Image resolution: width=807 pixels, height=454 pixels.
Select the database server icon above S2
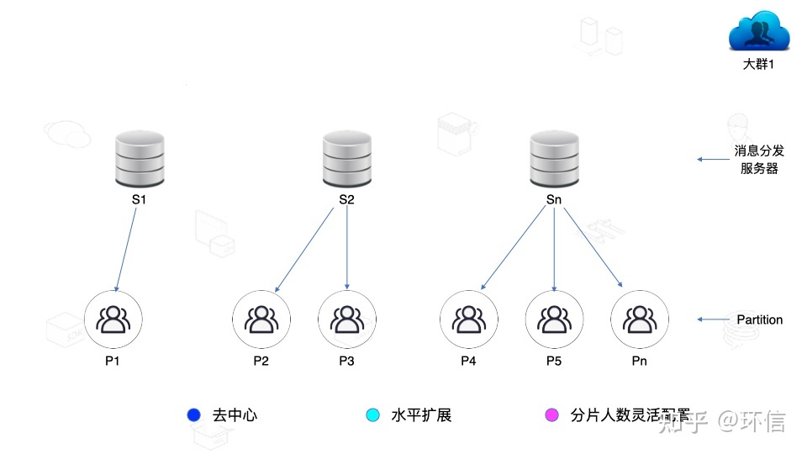click(x=347, y=160)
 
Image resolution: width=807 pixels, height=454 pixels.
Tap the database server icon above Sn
click(x=554, y=160)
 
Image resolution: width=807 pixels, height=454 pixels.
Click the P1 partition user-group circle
click(x=113, y=319)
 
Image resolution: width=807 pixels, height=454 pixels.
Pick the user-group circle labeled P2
click(x=261, y=319)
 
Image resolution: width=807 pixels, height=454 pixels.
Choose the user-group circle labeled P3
click(x=346, y=319)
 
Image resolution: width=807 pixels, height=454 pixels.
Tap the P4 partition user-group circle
click(x=468, y=319)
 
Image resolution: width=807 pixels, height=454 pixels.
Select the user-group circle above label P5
click(x=554, y=319)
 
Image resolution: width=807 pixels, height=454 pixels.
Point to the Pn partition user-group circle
click(x=640, y=319)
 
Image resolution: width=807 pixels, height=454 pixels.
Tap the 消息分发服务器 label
click(x=759, y=159)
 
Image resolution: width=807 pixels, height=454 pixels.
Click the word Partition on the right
click(x=759, y=319)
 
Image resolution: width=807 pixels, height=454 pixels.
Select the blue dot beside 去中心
click(x=194, y=414)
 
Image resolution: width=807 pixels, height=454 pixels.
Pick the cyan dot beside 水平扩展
click(x=373, y=414)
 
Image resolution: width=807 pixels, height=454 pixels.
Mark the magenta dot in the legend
click(x=552, y=414)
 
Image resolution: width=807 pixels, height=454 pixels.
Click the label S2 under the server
click(x=347, y=200)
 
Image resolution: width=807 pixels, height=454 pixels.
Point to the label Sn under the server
click(x=554, y=200)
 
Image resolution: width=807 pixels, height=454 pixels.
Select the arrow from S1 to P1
click(x=126, y=250)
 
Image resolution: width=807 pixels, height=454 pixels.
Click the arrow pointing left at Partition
click(x=714, y=319)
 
